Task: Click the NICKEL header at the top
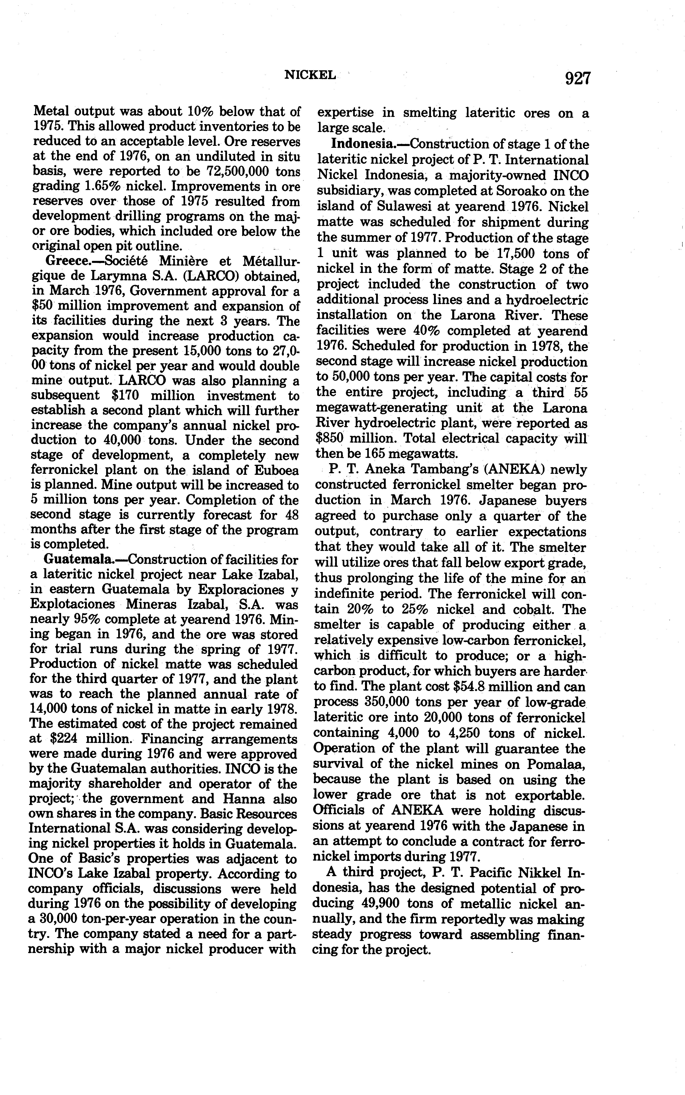tap(310, 75)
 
